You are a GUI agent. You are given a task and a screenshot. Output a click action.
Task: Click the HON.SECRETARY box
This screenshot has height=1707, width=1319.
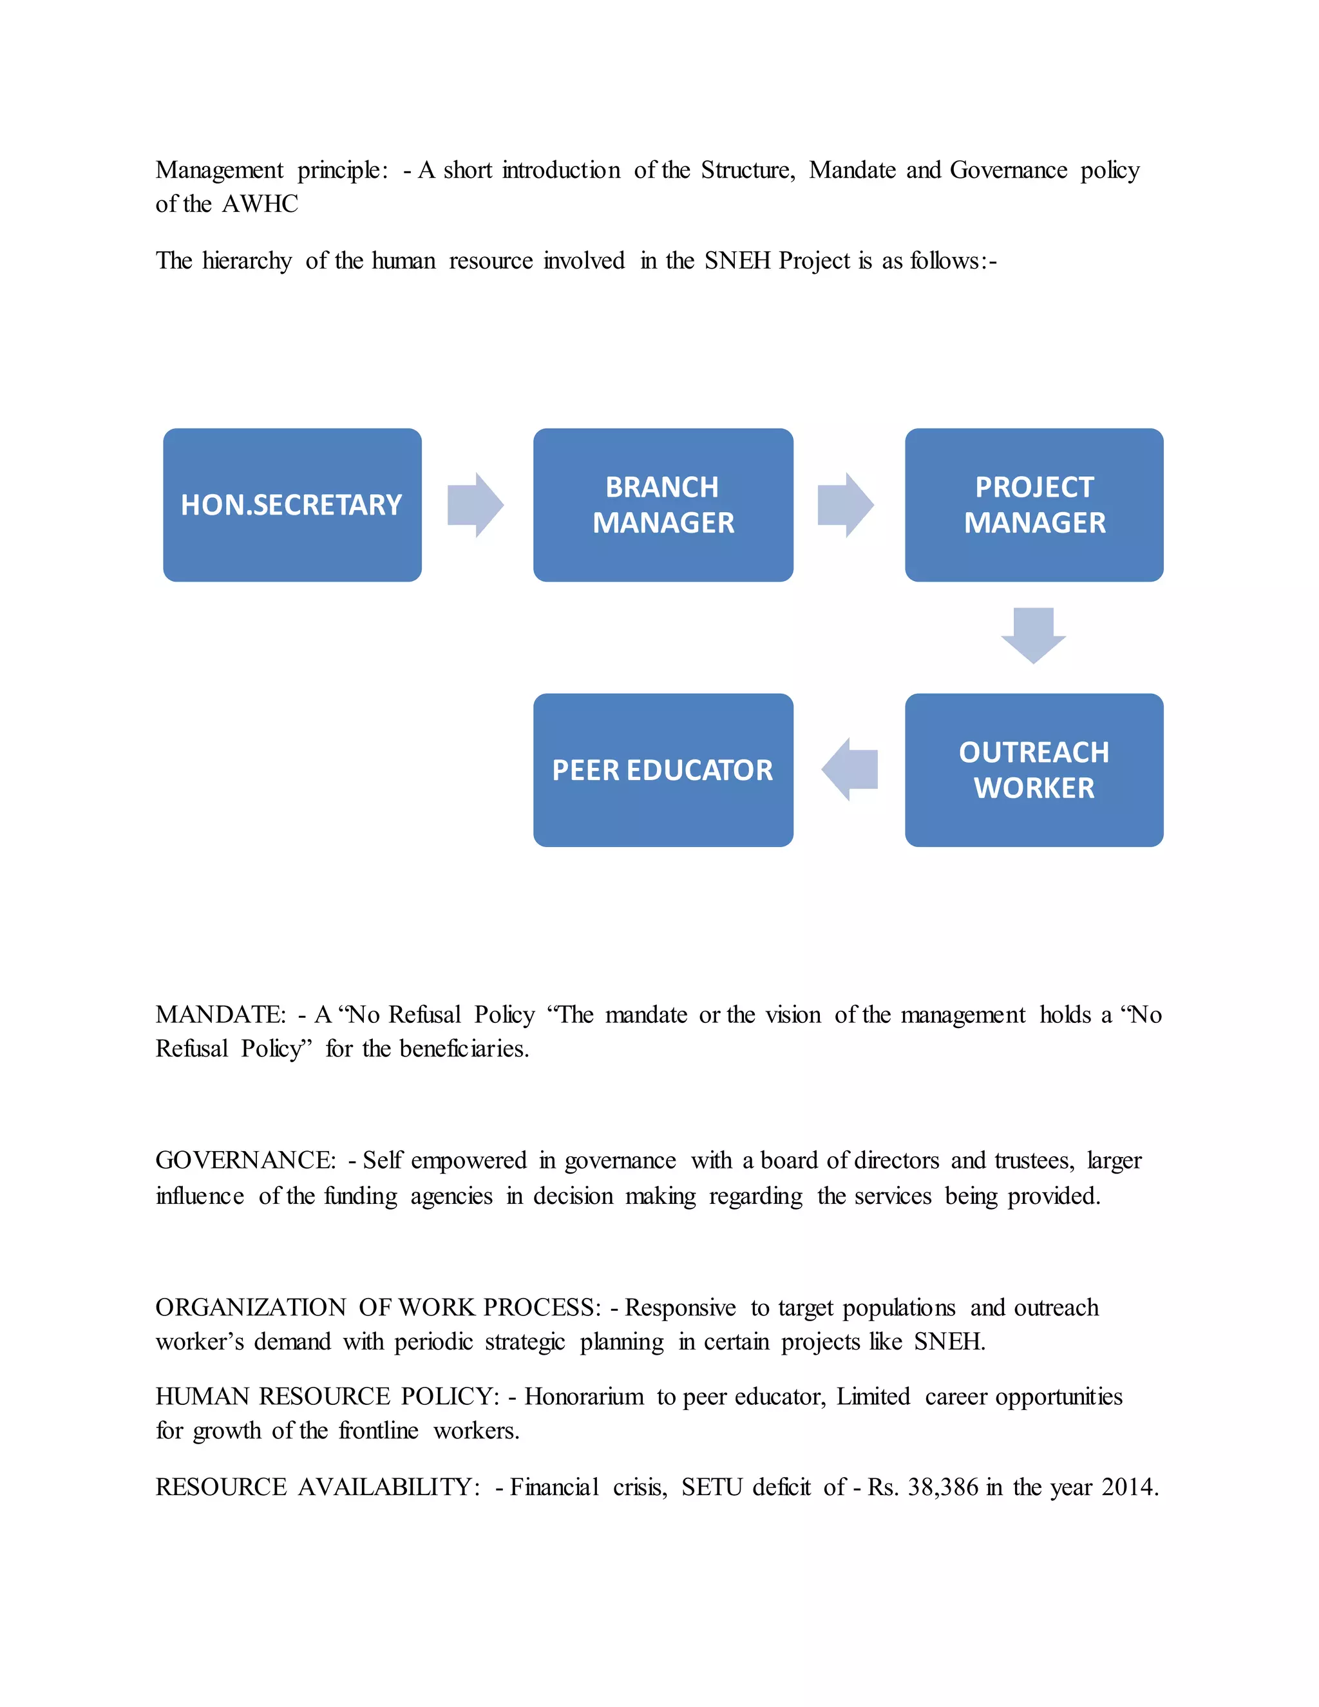292,505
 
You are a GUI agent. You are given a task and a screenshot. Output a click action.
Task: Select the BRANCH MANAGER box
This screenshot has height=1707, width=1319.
663,505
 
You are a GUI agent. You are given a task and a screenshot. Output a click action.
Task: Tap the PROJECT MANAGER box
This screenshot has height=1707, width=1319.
1034,505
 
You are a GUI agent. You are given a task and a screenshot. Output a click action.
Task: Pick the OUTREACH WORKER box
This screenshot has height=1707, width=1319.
1034,770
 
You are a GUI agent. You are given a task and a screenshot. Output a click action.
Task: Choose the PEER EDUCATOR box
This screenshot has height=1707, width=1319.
663,770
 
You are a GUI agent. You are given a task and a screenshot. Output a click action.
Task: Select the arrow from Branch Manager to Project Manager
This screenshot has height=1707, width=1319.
846,505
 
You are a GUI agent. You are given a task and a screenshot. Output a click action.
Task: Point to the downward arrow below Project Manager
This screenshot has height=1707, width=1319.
1033,634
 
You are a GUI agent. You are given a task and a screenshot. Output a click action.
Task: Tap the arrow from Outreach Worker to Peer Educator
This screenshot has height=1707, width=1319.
849,770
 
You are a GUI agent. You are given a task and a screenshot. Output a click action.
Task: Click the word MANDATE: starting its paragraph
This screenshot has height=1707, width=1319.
221,1015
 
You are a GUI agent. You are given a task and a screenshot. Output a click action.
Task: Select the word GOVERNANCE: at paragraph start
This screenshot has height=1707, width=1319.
245,1161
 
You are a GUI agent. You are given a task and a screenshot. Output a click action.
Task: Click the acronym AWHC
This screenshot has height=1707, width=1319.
260,204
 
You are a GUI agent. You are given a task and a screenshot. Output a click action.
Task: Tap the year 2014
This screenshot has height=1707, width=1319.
1129,1487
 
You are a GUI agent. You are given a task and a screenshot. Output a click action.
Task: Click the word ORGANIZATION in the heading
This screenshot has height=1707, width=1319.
250,1308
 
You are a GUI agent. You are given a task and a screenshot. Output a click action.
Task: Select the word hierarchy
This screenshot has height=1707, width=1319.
247,260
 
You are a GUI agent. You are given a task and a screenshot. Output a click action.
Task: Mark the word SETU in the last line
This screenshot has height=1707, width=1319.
711,1487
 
